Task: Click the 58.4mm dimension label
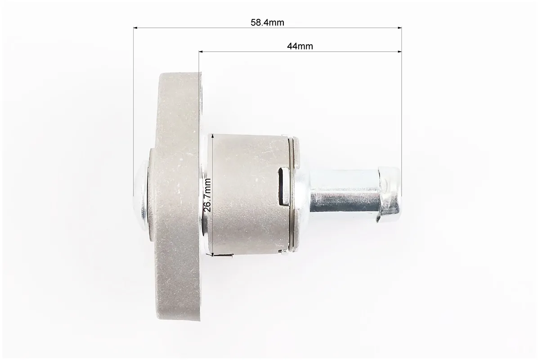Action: point(267,22)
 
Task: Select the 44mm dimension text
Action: point(300,46)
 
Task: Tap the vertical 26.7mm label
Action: point(207,194)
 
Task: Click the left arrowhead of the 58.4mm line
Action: point(135,28)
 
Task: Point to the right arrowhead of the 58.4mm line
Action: point(399,28)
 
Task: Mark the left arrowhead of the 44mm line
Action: point(201,52)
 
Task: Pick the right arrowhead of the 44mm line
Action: point(399,52)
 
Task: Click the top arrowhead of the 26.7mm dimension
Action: point(213,137)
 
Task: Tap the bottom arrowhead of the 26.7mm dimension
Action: point(213,253)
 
